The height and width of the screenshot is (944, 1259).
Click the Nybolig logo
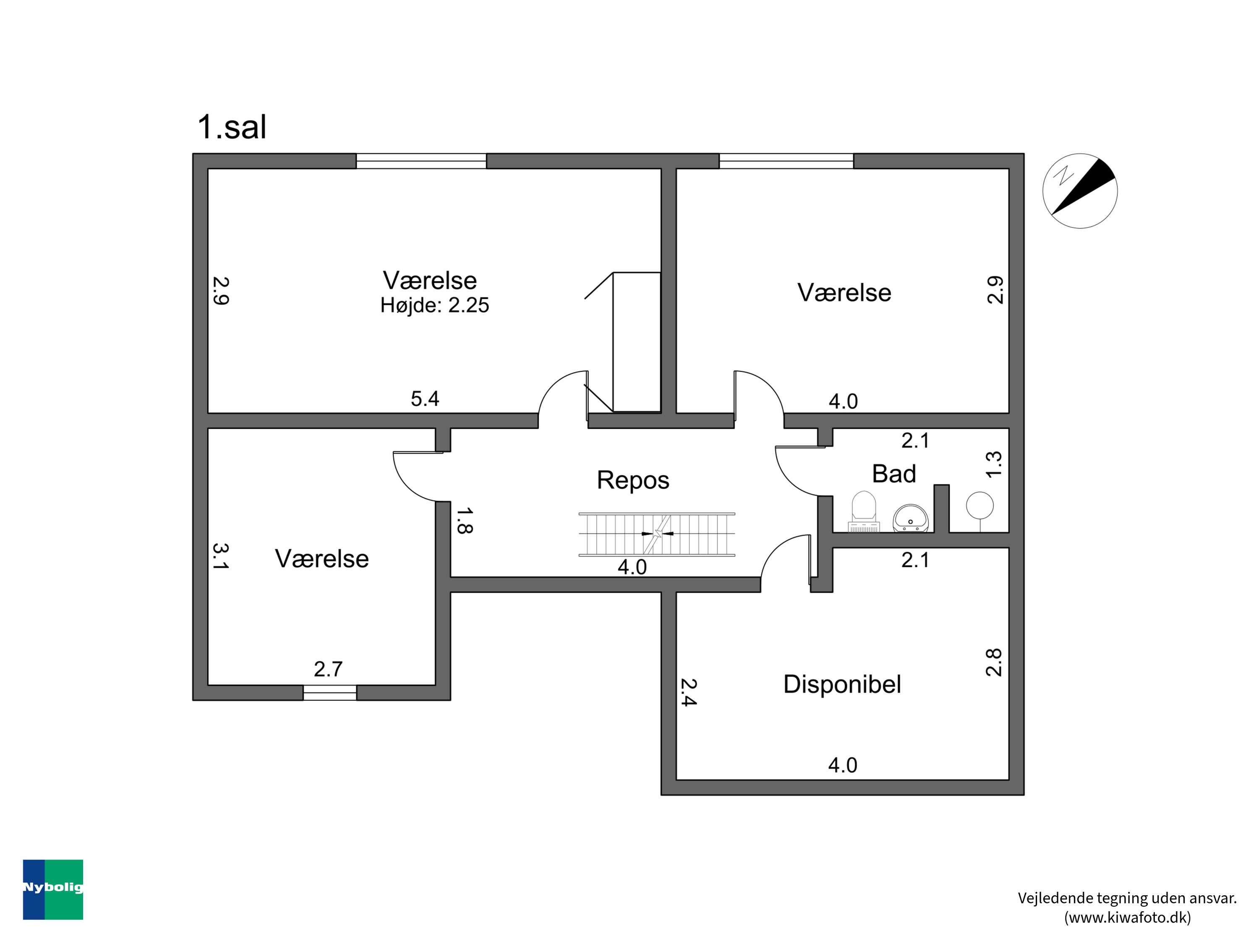53,889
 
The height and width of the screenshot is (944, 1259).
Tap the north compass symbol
1080,191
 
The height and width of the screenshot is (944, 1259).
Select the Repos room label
633,480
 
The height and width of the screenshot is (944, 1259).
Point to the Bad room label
893,473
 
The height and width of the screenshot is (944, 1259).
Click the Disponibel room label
842,684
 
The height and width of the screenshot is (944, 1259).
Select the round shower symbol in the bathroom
980,505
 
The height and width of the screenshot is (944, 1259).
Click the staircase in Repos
657,535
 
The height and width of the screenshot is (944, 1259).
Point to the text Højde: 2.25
434,305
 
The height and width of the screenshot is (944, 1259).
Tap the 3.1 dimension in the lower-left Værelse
220,556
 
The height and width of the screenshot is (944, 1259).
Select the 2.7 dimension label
329,669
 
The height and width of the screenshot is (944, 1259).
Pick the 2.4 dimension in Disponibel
688,692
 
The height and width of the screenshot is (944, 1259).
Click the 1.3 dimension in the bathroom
993,464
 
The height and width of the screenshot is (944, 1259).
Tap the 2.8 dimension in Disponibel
993,662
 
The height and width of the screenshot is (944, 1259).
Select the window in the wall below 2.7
329,693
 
